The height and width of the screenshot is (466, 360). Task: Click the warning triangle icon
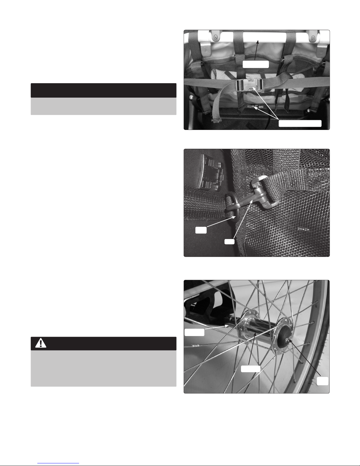(x=41, y=343)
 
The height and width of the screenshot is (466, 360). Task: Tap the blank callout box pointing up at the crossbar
(x=256, y=64)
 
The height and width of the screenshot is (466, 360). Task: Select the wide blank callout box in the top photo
(x=300, y=123)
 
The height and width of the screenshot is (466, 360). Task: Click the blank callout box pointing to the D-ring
(x=201, y=230)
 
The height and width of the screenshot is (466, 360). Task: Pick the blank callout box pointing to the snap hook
(x=229, y=242)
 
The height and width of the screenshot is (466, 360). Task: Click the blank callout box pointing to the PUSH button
(x=322, y=381)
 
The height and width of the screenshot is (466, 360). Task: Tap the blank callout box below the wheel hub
(x=250, y=369)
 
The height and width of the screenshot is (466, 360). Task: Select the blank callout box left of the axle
(x=194, y=332)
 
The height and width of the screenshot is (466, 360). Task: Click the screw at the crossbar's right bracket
(x=314, y=38)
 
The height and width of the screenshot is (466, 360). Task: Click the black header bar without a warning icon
(x=103, y=91)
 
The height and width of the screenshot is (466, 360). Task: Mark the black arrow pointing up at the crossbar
(x=256, y=50)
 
